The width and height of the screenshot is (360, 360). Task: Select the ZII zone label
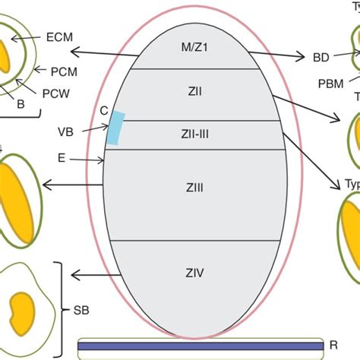194,93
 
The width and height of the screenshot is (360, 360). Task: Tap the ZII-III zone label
194,134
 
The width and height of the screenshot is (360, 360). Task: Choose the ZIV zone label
194,271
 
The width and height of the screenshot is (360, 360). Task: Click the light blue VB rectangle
115,128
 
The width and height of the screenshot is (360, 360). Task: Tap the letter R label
333,346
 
